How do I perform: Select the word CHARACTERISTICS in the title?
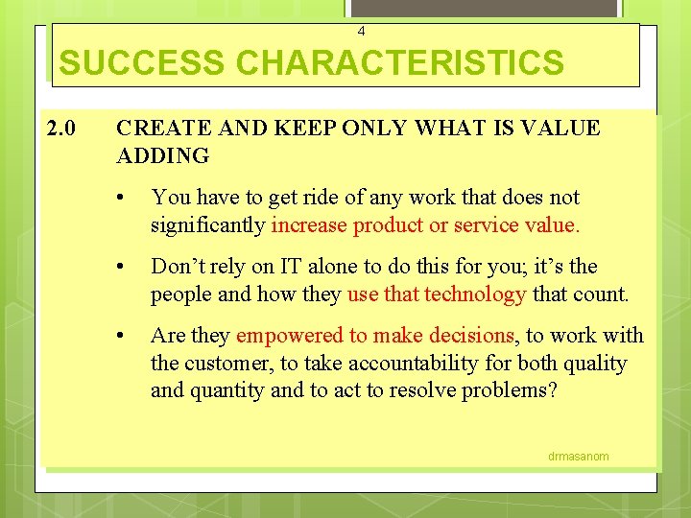coord(400,63)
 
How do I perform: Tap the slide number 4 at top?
coord(361,32)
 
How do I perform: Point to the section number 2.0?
coord(63,128)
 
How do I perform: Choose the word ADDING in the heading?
coord(162,155)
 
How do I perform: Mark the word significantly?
coord(207,225)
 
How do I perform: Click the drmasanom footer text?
coord(578,456)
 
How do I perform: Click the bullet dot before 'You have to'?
coord(120,199)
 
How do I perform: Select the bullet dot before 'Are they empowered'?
coord(120,337)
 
